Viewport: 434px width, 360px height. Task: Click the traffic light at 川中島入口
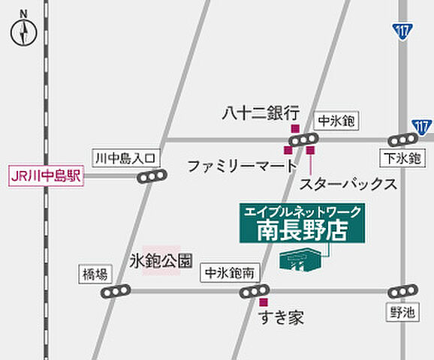click(x=152, y=177)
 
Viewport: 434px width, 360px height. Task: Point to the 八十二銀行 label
click(x=261, y=114)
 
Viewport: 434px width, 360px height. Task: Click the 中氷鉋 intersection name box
click(x=336, y=120)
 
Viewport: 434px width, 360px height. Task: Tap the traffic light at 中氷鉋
click(x=304, y=139)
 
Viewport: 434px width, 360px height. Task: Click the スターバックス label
click(x=348, y=183)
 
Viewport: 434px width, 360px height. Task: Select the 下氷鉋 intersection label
click(x=404, y=158)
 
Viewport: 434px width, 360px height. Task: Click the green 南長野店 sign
click(x=303, y=223)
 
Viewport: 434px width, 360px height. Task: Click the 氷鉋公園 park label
click(x=160, y=261)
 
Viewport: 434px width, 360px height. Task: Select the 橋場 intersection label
click(x=94, y=274)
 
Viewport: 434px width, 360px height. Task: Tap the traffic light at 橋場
click(x=116, y=291)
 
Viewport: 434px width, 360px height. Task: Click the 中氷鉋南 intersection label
click(x=232, y=274)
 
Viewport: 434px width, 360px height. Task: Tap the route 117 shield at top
click(x=402, y=32)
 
